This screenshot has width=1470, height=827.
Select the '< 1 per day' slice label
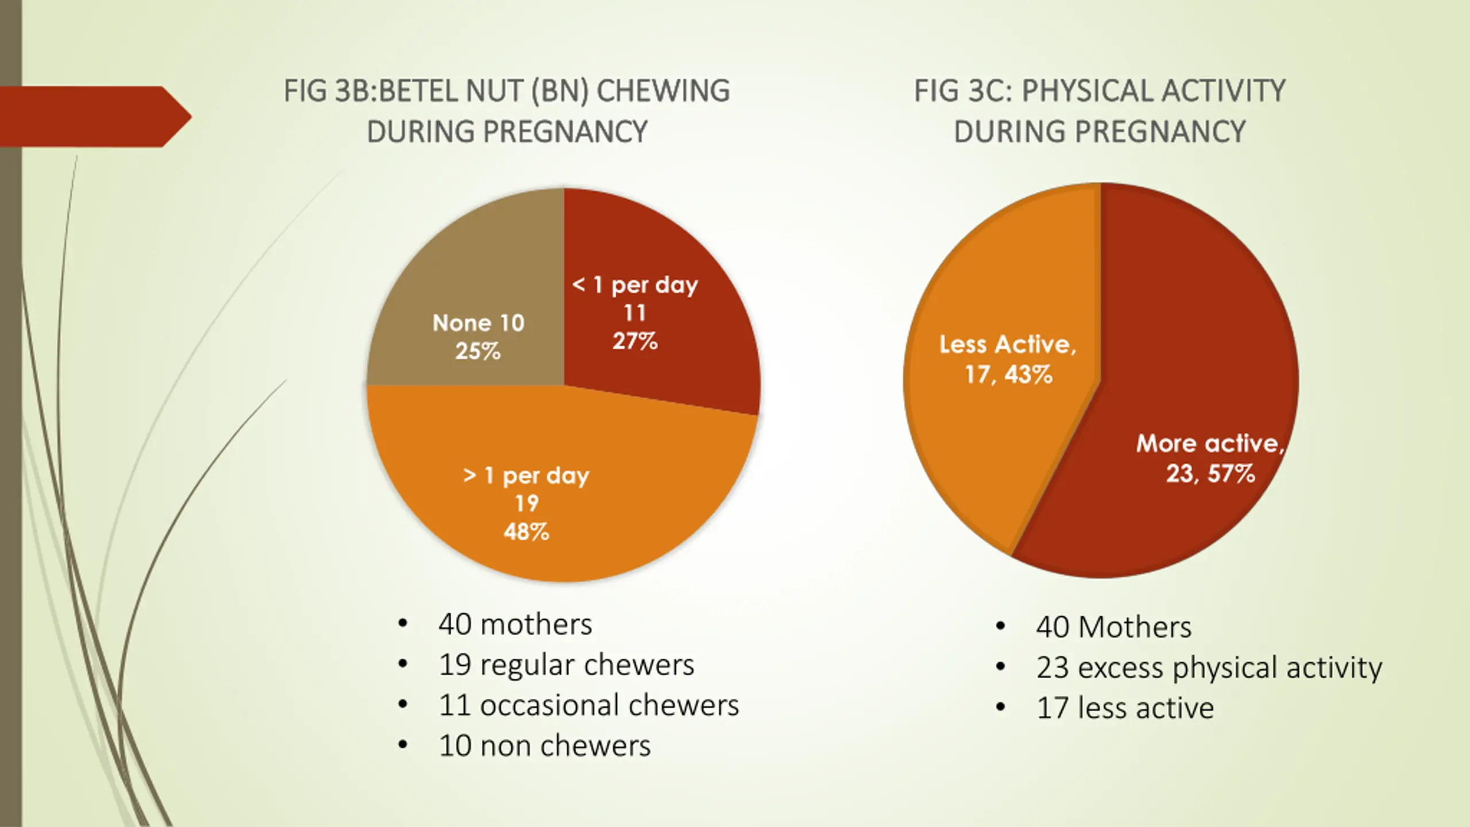635,285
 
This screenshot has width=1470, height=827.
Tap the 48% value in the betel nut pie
526,532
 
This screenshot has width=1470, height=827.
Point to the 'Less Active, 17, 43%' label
1008,360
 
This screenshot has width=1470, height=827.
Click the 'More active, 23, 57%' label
1210,458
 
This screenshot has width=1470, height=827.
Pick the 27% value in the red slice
635,342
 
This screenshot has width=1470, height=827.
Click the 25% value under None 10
478,351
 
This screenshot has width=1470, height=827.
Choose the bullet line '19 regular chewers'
566,665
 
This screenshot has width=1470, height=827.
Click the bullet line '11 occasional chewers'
589,705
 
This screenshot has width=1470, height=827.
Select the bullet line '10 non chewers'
544,746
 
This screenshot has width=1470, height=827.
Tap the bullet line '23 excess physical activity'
1209,667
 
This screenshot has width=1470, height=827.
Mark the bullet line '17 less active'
1125,708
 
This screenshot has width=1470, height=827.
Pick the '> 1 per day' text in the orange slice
526,476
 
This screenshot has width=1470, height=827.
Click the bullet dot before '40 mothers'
403,624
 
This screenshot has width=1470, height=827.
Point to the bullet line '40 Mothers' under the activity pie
1113,627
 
